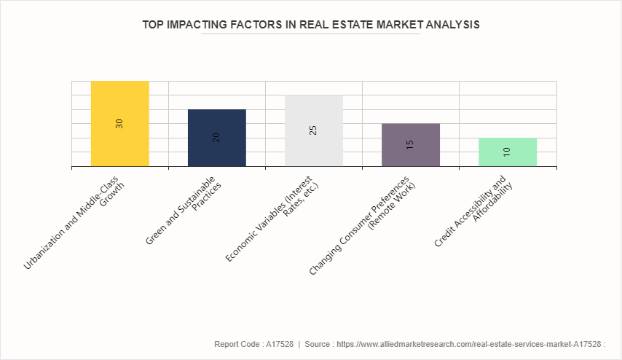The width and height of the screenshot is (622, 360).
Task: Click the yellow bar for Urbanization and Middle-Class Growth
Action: click(x=119, y=102)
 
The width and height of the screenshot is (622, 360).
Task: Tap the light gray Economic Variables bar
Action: click(x=313, y=109)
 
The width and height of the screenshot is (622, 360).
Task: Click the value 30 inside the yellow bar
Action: click(x=119, y=124)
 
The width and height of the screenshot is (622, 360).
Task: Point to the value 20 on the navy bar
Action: click(x=216, y=137)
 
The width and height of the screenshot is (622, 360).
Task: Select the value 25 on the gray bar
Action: click(x=313, y=130)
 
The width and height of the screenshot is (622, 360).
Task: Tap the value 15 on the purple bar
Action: click(x=410, y=144)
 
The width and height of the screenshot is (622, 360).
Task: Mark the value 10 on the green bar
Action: click(x=507, y=152)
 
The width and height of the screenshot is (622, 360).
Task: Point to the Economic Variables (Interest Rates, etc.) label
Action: click(x=273, y=217)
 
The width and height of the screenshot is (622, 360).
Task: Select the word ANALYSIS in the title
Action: click(x=451, y=24)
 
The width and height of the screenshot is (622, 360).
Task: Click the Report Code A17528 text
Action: click(x=253, y=343)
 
